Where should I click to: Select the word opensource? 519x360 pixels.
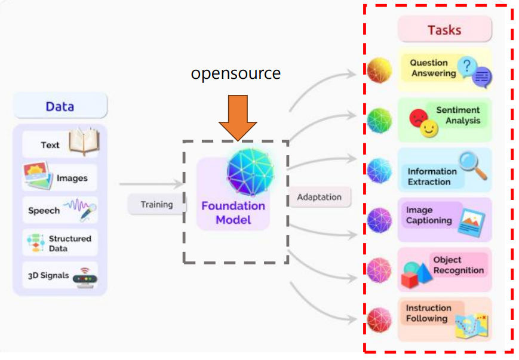pyautogui.click(x=235, y=73)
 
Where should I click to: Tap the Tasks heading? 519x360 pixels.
pyautogui.click(x=444, y=30)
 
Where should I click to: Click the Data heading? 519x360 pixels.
pyautogui.click(x=60, y=106)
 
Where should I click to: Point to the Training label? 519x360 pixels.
pyautogui.click(x=156, y=204)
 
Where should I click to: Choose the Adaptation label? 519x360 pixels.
pyautogui.click(x=320, y=197)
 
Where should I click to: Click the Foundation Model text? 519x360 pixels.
pyautogui.click(x=233, y=213)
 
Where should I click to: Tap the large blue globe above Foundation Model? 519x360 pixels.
pyautogui.click(x=251, y=170)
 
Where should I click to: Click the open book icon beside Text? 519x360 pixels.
pyautogui.click(x=83, y=143)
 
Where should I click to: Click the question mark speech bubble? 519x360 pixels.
pyautogui.click(x=467, y=65)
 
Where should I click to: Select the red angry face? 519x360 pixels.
pyautogui.click(x=417, y=118)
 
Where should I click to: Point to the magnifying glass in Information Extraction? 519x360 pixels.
pyautogui.click(x=472, y=165)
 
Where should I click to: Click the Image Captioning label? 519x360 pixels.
pyautogui.click(x=429, y=216)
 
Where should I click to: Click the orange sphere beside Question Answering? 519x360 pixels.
pyautogui.click(x=379, y=70)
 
